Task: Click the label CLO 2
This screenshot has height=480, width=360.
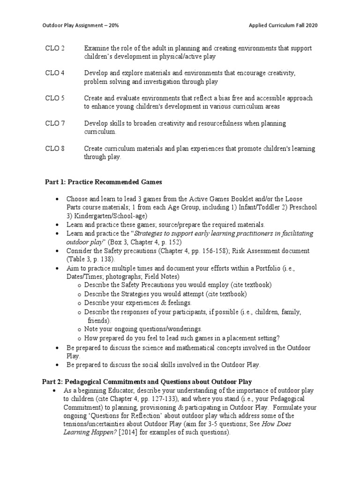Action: [55, 48]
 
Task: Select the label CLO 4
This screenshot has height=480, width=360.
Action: [55, 73]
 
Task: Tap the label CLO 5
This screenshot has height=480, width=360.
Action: [55, 98]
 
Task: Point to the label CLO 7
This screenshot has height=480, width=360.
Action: [55, 123]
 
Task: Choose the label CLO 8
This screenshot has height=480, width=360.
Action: [55, 149]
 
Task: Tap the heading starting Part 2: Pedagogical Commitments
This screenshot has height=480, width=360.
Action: [145, 382]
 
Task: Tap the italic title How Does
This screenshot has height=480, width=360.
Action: [290, 424]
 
